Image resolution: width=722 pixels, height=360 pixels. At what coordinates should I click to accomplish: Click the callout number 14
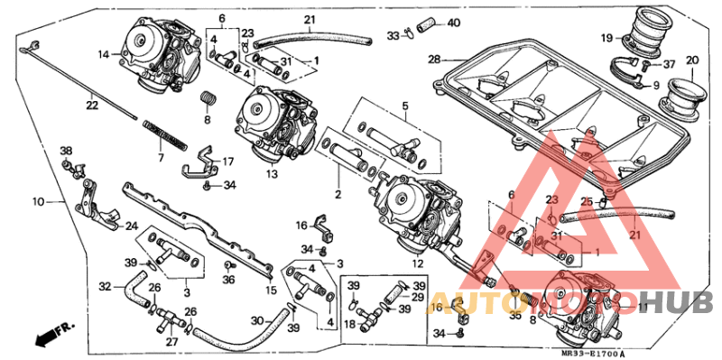coord(105,55)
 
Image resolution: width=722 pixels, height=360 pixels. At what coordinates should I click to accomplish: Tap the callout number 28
coord(433,60)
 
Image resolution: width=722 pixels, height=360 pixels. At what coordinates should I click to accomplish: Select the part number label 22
coord(92,106)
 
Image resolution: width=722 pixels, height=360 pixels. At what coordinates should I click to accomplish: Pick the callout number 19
coord(607,38)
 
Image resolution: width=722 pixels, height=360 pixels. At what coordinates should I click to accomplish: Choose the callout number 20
coord(693,61)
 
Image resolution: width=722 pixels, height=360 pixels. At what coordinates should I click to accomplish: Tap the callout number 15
coord(270,290)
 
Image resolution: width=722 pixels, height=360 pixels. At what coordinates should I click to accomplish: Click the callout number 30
coord(256,320)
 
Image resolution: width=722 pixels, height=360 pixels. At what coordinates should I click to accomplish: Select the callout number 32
coord(106,285)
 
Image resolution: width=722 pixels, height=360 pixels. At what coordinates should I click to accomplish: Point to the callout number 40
coord(453,23)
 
